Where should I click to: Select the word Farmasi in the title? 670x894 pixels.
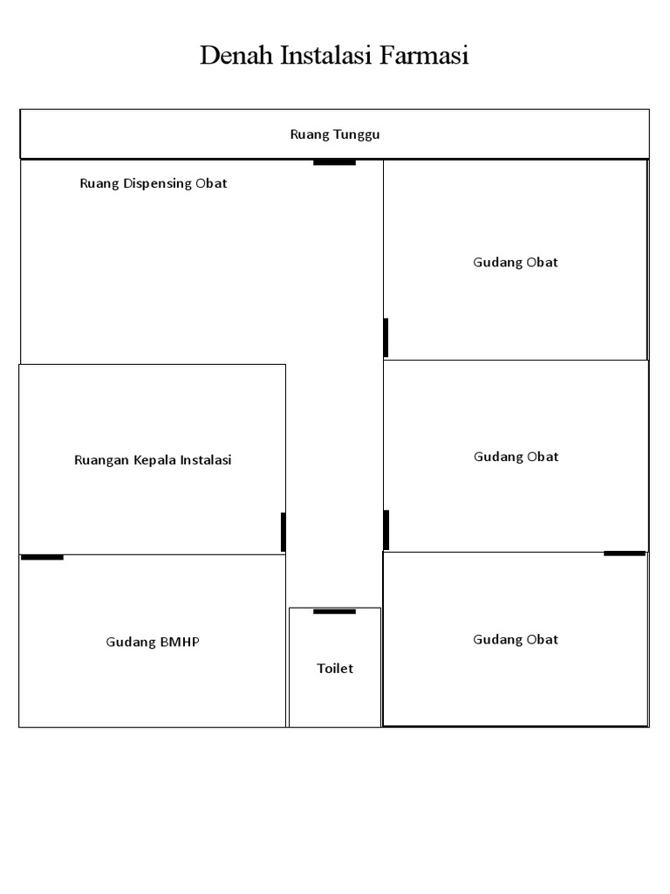(x=424, y=55)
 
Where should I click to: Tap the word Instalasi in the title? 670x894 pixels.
(x=326, y=55)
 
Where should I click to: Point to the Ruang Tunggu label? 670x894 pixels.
(x=335, y=134)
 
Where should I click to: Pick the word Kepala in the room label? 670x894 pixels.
(x=155, y=460)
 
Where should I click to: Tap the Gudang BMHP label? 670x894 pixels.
(x=153, y=642)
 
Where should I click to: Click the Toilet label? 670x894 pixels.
(x=335, y=668)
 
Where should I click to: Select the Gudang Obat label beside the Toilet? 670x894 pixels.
(x=516, y=640)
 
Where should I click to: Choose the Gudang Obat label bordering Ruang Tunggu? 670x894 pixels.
(x=516, y=262)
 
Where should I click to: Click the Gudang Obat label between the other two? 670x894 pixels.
(x=516, y=457)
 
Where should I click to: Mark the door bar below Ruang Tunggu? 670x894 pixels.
(x=334, y=163)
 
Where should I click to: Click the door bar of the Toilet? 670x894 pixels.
(x=334, y=612)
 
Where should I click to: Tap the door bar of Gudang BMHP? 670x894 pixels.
(x=42, y=557)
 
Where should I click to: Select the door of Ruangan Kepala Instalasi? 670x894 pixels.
(x=284, y=532)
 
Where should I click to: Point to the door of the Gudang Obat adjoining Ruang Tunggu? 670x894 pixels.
(x=386, y=338)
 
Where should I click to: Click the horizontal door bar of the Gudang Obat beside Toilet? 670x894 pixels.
(x=625, y=553)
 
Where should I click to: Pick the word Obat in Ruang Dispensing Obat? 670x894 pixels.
(x=211, y=183)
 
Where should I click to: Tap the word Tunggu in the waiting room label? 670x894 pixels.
(x=357, y=134)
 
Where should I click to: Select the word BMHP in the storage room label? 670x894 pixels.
(x=180, y=642)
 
